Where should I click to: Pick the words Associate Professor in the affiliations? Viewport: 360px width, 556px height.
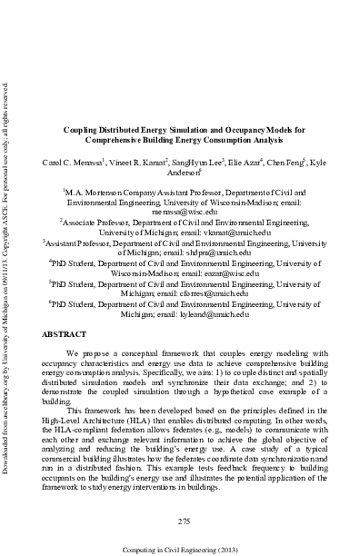pos(95,221)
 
